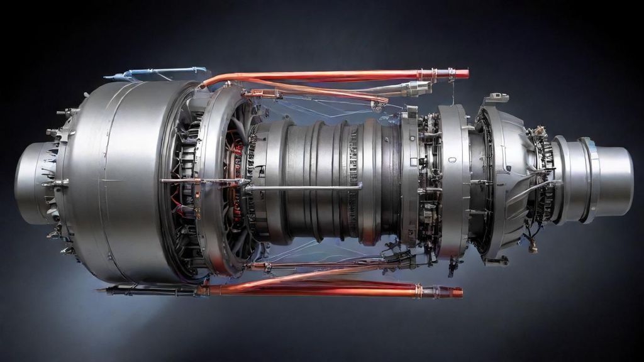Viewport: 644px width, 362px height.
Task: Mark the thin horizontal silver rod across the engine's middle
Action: click(x=302, y=187)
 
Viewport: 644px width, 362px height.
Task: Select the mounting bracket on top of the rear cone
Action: click(x=496, y=98)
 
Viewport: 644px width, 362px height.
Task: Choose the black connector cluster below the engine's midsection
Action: click(x=402, y=258)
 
